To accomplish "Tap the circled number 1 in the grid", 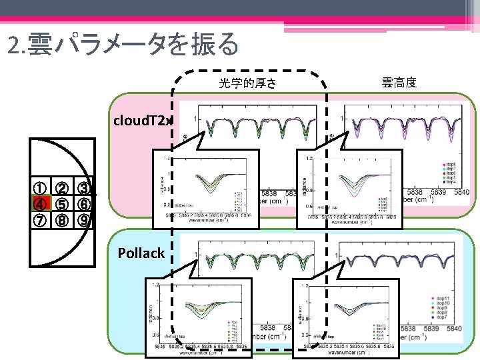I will [41, 190].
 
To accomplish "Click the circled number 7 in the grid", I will [41, 220].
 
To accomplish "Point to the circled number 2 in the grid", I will [61, 190].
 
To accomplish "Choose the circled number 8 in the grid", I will [61, 220].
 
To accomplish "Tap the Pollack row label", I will [141, 253].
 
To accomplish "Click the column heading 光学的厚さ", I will [247, 84].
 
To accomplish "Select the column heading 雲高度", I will [399, 83].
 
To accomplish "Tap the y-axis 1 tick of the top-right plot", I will [343, 119].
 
